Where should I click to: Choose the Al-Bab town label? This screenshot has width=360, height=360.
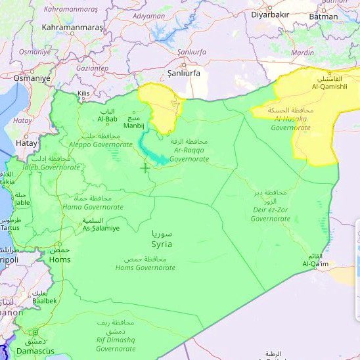(x=107, y=118)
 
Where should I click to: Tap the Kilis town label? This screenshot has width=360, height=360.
(x=83, y=94)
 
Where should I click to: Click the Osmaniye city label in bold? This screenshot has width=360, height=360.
(x=32, y=78)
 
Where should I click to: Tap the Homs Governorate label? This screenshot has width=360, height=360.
(x=145, y=267)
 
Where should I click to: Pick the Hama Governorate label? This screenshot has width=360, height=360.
(x=92, y=206)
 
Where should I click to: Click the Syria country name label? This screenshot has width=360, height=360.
(x=161, y=243)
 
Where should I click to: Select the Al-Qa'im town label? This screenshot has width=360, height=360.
(x=315, y=263)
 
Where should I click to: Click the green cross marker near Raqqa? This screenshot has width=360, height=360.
(x=145, y=168)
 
